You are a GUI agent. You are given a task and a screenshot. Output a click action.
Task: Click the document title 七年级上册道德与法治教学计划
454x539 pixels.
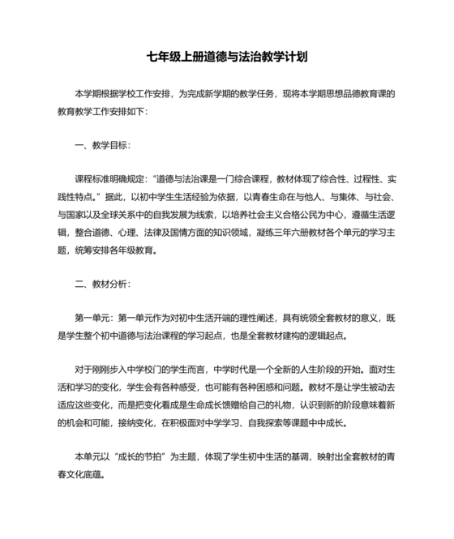(226, 58)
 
